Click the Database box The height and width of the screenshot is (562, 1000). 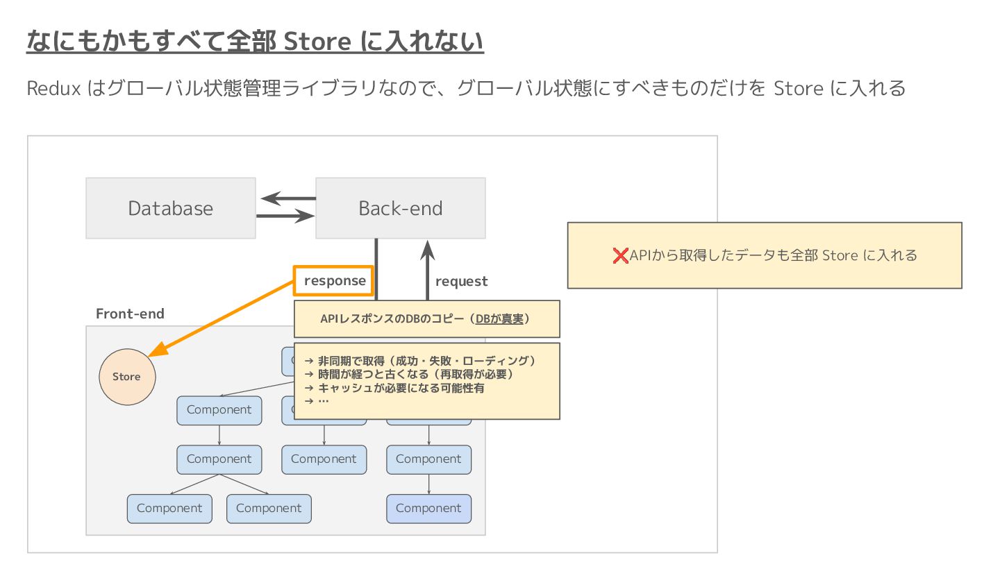point(170,208)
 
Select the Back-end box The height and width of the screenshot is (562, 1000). point(400,208)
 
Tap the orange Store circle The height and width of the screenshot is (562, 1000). point(127,377)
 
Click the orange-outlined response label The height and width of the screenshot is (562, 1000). point(334,281)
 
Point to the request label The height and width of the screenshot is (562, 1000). point(461,281)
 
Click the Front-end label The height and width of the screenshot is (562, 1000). point(130,314)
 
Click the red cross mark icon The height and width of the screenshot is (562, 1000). point(620,255)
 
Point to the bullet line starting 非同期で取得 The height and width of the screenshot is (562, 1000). point(420,361)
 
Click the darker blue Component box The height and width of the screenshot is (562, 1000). point(428,509)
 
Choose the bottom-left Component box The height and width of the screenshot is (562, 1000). point(169,509)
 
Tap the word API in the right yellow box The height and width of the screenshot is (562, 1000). point(640,255)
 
